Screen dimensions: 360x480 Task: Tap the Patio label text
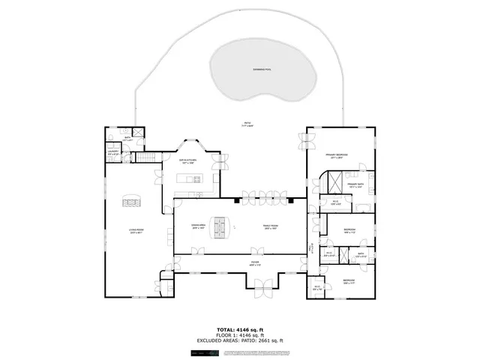(247, 124)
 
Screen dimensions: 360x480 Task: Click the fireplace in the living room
(131, 200)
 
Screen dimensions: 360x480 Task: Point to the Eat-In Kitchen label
(187, 161)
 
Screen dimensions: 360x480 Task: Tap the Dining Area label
(198, 226)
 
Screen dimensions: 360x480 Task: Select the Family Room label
(270, 226)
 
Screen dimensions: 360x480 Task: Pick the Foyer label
(255, 263)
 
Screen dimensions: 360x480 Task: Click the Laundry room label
(112, 154)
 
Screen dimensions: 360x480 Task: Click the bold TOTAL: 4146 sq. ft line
(240, 330)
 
